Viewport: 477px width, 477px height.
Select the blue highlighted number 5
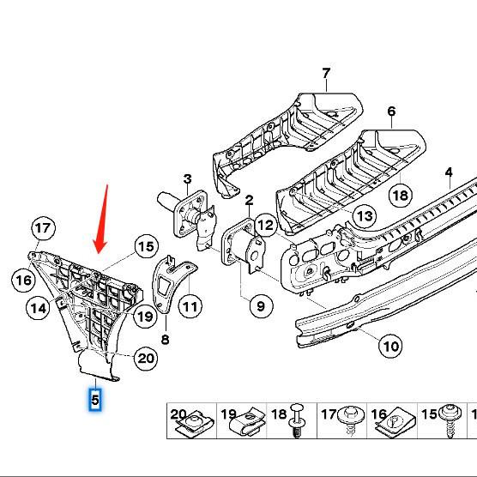(94, 399)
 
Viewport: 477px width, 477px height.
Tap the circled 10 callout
(390, 347)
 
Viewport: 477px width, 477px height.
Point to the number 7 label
(326, 74)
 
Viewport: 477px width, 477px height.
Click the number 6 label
(391, 112)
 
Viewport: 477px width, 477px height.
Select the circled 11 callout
(190, 305)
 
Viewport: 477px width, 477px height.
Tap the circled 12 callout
(264, 226)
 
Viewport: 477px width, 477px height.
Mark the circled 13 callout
(365, 215)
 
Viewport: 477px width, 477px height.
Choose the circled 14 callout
(37, 308)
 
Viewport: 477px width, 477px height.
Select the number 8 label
(165, 339)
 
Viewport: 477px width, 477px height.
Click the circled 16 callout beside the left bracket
(22, 280)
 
